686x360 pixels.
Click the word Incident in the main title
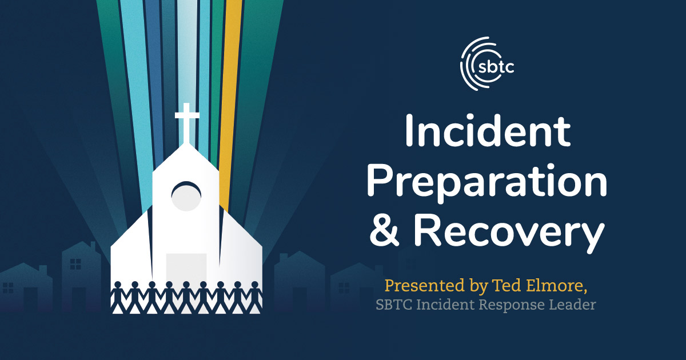click(488, 131)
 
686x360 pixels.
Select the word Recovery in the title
click(509, 232)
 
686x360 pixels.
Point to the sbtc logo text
click(496, 66)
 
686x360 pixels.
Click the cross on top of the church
click(187, 123)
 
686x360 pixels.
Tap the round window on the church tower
click(186, 196)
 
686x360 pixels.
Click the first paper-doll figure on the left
click(118, 297)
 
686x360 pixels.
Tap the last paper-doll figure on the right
click(255, 297)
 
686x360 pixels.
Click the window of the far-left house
click(8, 288)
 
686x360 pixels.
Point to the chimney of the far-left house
click(43, 270)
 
